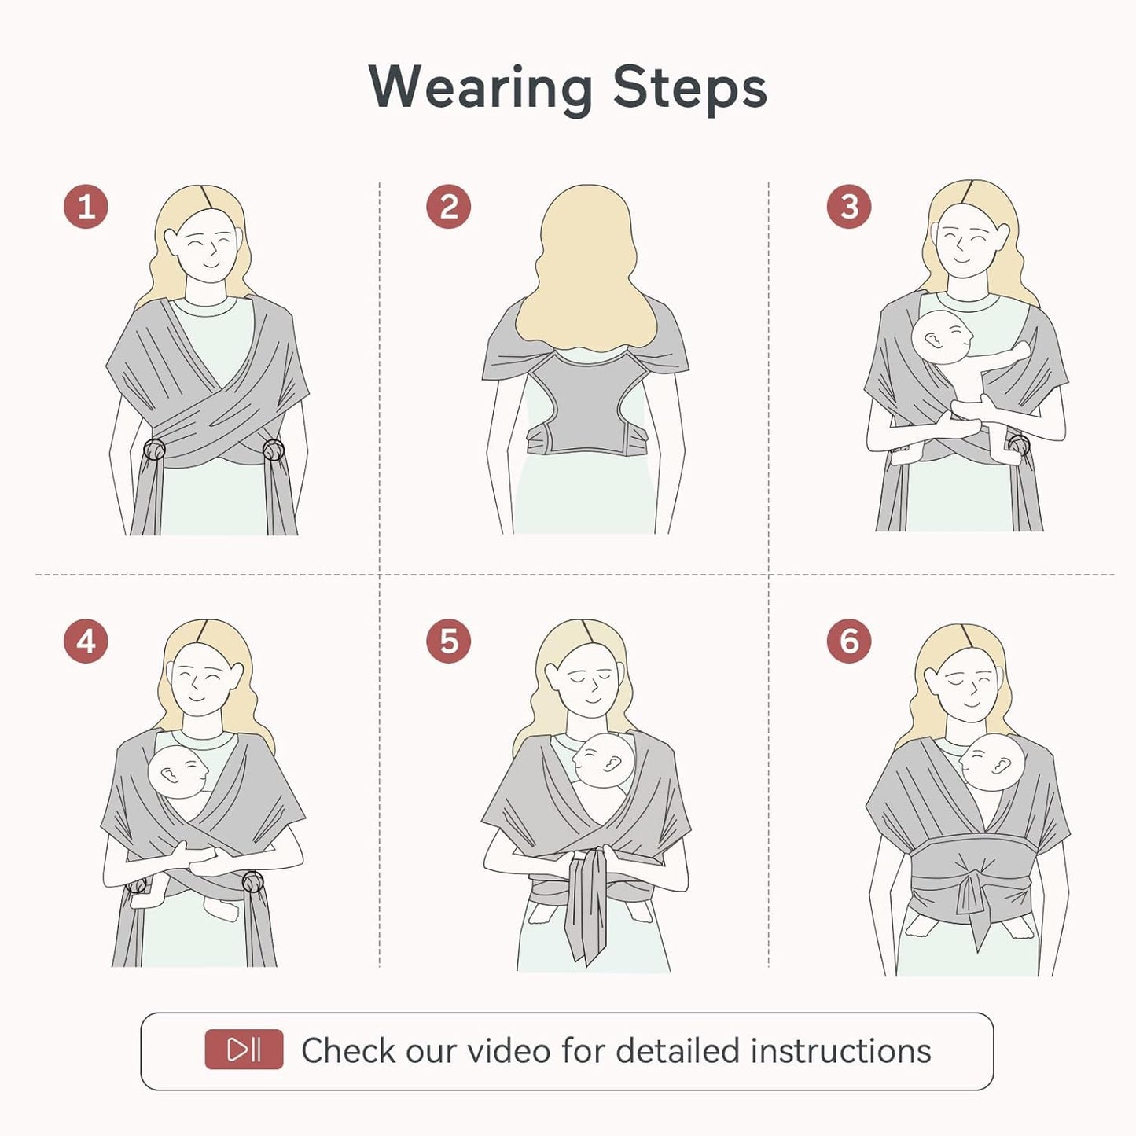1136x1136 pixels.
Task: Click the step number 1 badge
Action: click(86, 207)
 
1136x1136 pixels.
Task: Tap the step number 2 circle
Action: click(448, 207)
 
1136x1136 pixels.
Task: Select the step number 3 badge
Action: click(848, 207)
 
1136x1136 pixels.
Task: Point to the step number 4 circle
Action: click(86, 641)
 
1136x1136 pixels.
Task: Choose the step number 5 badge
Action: click(448, 641)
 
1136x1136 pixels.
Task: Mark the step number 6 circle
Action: click(848, 641)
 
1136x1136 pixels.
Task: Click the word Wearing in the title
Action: click(480, 86)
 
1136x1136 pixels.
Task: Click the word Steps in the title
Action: click(689, 86)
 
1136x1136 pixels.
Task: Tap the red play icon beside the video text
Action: click(244, 1050)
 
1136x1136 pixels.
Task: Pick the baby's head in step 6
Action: click(992, 763)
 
